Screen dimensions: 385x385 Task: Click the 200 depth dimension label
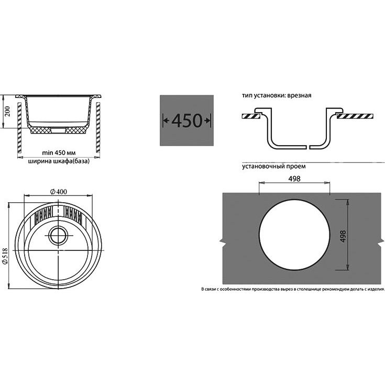[x=8, y=111]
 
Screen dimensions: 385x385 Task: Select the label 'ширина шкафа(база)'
[x=59, y=161]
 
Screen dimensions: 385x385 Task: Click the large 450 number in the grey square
[x=186, y=120]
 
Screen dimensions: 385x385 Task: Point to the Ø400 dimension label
[x=59, y=192]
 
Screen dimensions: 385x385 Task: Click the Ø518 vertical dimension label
[x=5, y=256]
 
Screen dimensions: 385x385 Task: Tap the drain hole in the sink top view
[x=58, y=235]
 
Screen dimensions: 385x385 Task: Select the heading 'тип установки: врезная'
[x=277, y=95]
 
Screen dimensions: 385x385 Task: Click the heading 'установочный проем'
[x=274, y=166]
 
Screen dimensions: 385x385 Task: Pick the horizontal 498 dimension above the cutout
[x=294, y=179]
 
